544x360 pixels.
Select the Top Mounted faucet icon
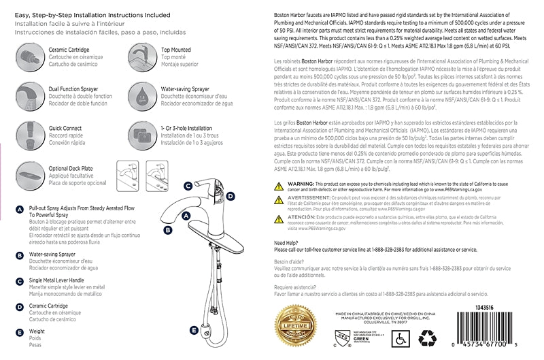(141, 54)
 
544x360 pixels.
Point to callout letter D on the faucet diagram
(231, 196)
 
